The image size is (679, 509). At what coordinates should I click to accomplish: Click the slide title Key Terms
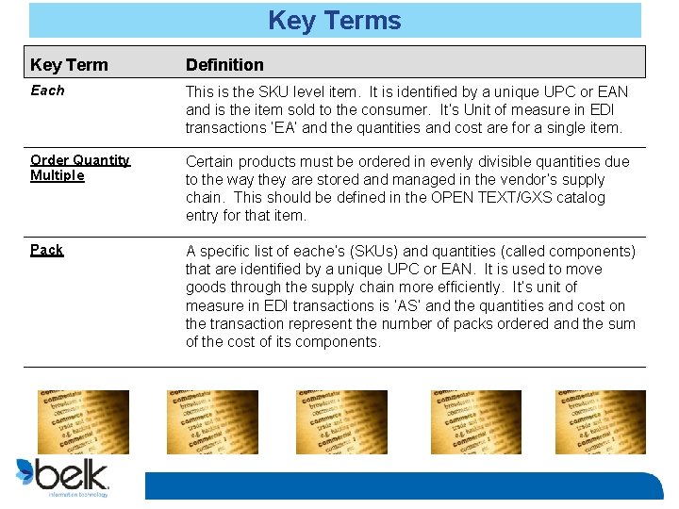pos(335,21)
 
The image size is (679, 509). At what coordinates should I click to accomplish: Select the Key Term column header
pos(69,65)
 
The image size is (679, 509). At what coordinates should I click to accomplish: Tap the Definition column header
pos(224,65)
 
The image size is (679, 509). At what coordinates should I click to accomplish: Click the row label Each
pos(47,90)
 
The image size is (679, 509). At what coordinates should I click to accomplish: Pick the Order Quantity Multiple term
pos(79,168)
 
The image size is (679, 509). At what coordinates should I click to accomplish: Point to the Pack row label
pos(46,250)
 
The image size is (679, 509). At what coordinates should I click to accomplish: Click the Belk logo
pos(63,476)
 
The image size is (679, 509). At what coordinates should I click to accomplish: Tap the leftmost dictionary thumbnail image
pos(83,422)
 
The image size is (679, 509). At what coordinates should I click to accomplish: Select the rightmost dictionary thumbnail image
pos(601,422)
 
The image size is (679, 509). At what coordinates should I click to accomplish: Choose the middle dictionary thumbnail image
pos(341,422)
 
